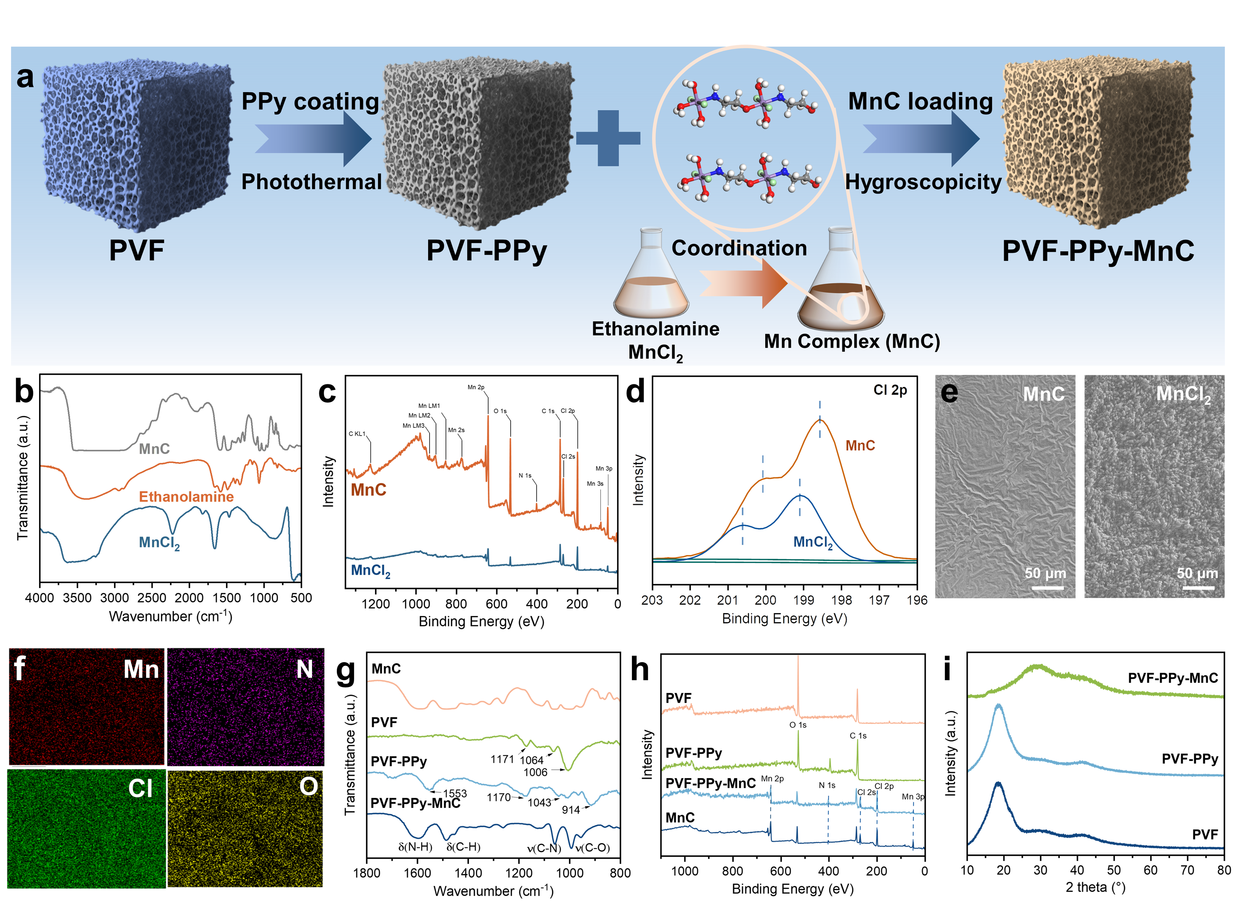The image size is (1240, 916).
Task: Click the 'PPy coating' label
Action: click(310, 101)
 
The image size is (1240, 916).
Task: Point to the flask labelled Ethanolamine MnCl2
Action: click(651, 277)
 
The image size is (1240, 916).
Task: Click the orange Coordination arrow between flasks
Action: click(743, 283)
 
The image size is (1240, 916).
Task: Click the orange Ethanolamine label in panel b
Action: click(186, 496)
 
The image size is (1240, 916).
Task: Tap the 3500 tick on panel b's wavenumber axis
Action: click(77, 598)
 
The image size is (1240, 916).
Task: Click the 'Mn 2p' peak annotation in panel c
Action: click(475, 387)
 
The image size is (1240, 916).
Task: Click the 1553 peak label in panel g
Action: click(455, 793)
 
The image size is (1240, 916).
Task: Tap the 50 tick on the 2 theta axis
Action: click(1114, 870)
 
